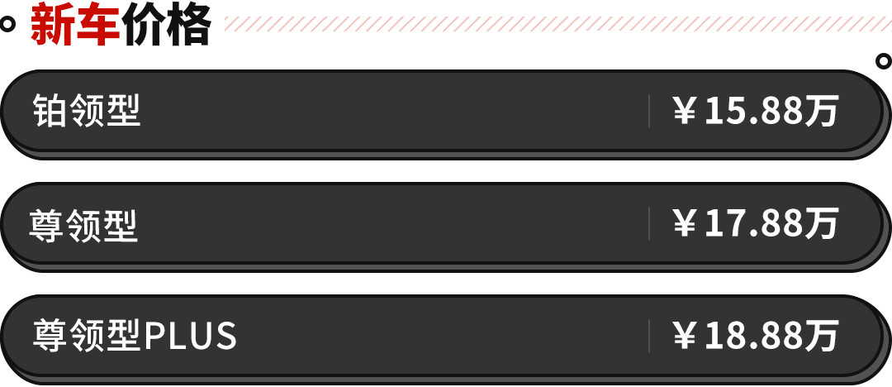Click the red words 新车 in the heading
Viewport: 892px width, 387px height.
click(x=75, y=26)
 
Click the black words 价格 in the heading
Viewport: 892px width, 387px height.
click(x=166, y=26)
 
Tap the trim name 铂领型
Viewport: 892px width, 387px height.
click(x=87, y=111)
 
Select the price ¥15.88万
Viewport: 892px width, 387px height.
click(x=756, y=111)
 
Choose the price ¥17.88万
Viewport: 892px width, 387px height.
click(x=756, y=223)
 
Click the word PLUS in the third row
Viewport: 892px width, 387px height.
click(x=191, y=336)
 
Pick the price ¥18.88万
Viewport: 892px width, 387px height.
click(x=756, y=336)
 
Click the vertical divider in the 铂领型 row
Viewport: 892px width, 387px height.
click(x=649, y=111)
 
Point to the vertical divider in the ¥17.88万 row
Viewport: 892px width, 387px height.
click(x=649, y=223)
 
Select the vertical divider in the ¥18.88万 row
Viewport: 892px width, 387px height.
click(x=649, y=336)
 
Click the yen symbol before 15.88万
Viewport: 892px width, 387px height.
click(x=685, y=111)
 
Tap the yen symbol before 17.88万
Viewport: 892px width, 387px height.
click(x=685, y=223)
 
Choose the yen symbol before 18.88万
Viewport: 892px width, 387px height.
click(x=685, y=336)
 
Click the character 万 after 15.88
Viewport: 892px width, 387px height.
click(x=823, y=111)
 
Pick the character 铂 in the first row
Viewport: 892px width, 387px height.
click(x=49, y=111)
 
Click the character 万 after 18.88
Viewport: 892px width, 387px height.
click(x=823, y=336)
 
